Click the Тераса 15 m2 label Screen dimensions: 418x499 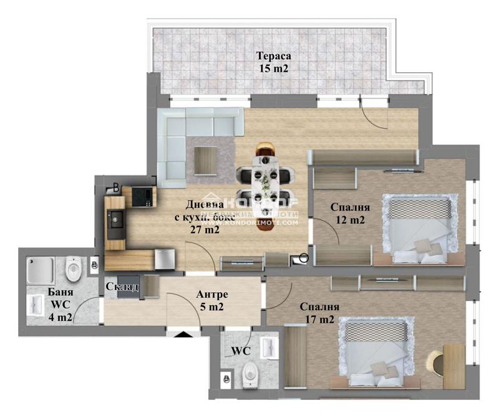point(273,62)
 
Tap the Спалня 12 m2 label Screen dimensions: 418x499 point(350,214)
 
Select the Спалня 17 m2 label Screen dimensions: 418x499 point(319,313)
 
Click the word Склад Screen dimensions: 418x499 point(122,287)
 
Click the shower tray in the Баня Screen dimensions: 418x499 point(41,270)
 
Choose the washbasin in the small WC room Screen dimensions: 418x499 point(269,347)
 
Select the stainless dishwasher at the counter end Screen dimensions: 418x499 point(164,259)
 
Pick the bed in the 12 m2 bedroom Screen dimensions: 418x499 point(417,230)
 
